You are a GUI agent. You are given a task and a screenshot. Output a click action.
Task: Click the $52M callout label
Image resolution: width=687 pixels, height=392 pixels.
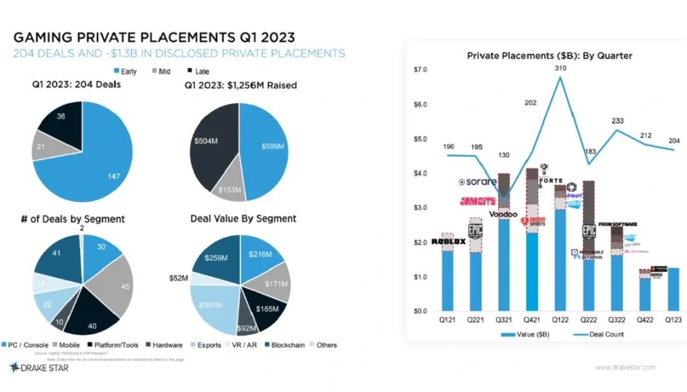point(179,278)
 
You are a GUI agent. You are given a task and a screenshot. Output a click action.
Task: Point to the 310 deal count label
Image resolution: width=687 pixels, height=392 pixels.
point(560,68)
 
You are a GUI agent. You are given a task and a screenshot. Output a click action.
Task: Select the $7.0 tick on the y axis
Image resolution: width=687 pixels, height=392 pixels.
point(420,69)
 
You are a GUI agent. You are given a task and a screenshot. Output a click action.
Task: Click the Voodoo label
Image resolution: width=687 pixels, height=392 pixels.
point(503,214)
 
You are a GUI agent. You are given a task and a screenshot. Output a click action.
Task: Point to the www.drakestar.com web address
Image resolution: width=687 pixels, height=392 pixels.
point(625,367)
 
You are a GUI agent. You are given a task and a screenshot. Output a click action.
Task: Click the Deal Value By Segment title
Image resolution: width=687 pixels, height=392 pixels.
point(243,219)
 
